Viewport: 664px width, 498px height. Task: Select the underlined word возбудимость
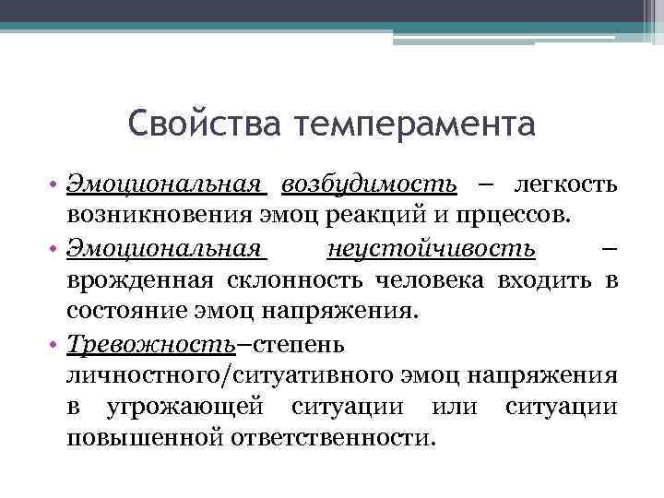click(x=369, y=184)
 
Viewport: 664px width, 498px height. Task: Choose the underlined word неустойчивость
click(x=431, y=247)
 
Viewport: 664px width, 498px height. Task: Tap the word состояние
click(x=126, y=311)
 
